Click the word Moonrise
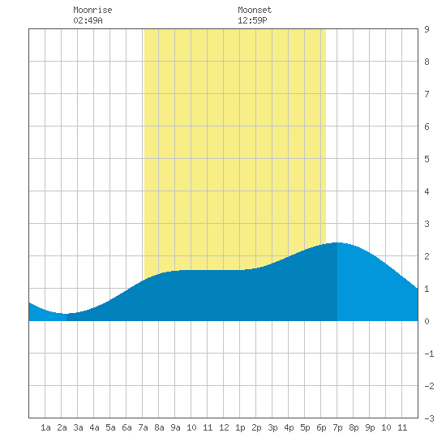coord(92,10)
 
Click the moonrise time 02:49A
coord(88,20)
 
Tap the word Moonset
coord(255,10)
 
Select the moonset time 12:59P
coord(252,20)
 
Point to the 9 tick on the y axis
coord(427,29)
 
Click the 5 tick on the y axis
coord(427,159)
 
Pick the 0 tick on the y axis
coord(427,321)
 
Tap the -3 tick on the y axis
coord(429,418)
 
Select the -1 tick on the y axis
coord(429,354)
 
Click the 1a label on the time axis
coord(45,427)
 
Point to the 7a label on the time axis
coord(143,427)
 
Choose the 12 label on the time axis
coord(224,427)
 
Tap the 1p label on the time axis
coord(240,427)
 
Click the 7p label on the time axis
coord(337,427)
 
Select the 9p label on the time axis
coord(370,427)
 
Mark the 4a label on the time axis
coord(94,427)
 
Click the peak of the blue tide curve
coord(337,242)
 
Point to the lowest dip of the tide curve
coord(65,314)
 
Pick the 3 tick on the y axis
coord(427,224)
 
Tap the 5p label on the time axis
coord(305,427)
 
